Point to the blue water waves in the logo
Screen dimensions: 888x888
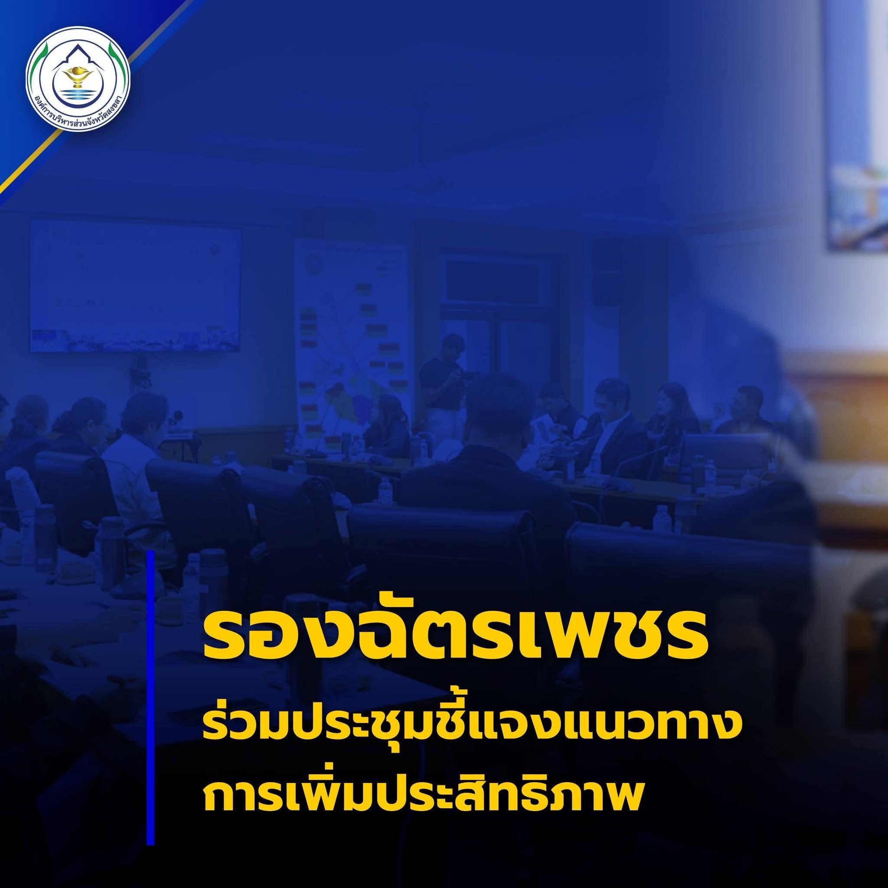78,95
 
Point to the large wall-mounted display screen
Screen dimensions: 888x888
136,285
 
